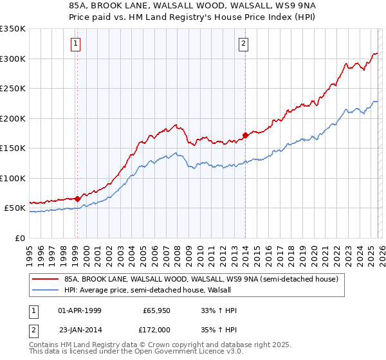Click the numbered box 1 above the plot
click(76, 44)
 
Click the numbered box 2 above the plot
click(244, 44)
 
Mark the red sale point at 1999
click(77, 199)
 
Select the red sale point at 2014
click(245, 136)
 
